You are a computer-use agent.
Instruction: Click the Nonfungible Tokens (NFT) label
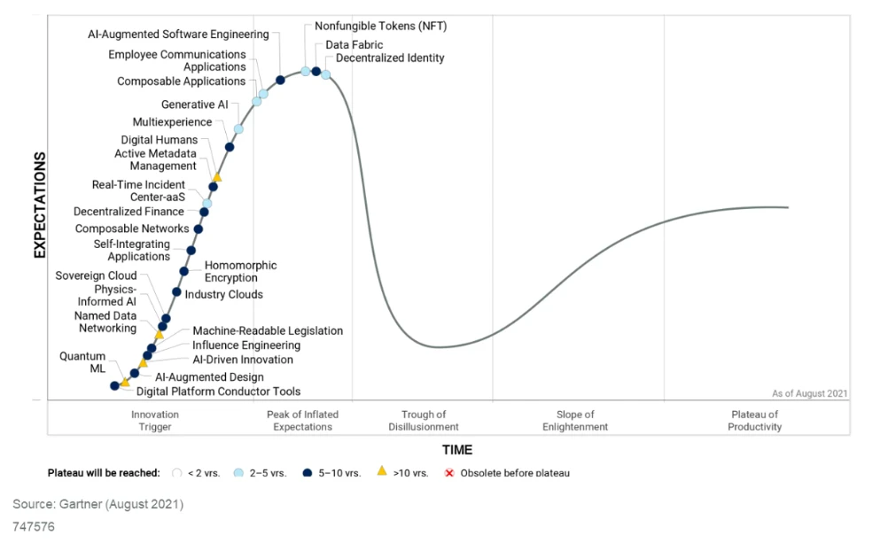tap(380, 27)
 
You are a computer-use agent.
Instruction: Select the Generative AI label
tap(194, 105)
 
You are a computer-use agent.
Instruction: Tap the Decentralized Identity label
tap(390, 58)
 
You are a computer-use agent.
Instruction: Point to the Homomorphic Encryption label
tap(240, 271)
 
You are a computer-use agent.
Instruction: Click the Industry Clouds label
tap(223, 294)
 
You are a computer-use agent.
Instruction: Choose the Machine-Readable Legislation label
tap(268, 331)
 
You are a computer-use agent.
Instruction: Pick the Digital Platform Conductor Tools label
tap(218, 392)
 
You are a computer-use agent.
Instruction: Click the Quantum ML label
tap(82, 362)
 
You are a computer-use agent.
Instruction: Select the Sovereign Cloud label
tap(96, 275)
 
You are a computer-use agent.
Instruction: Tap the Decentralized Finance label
tap(129, 212)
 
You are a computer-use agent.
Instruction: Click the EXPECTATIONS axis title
tap(40, 205)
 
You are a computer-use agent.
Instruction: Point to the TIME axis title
tap(457, 450)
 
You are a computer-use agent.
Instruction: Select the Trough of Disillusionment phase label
tap(423, 421)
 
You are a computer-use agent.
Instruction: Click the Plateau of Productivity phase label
tap(755, 421)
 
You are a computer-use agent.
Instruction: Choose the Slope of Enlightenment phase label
tap(575, 421)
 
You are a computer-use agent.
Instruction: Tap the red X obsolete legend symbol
tap(449, 473)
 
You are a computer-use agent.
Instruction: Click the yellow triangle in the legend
tap(381, 471)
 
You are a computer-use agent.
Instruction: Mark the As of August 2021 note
tap(809, 393)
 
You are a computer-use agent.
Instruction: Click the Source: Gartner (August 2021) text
tap(97, 505)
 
